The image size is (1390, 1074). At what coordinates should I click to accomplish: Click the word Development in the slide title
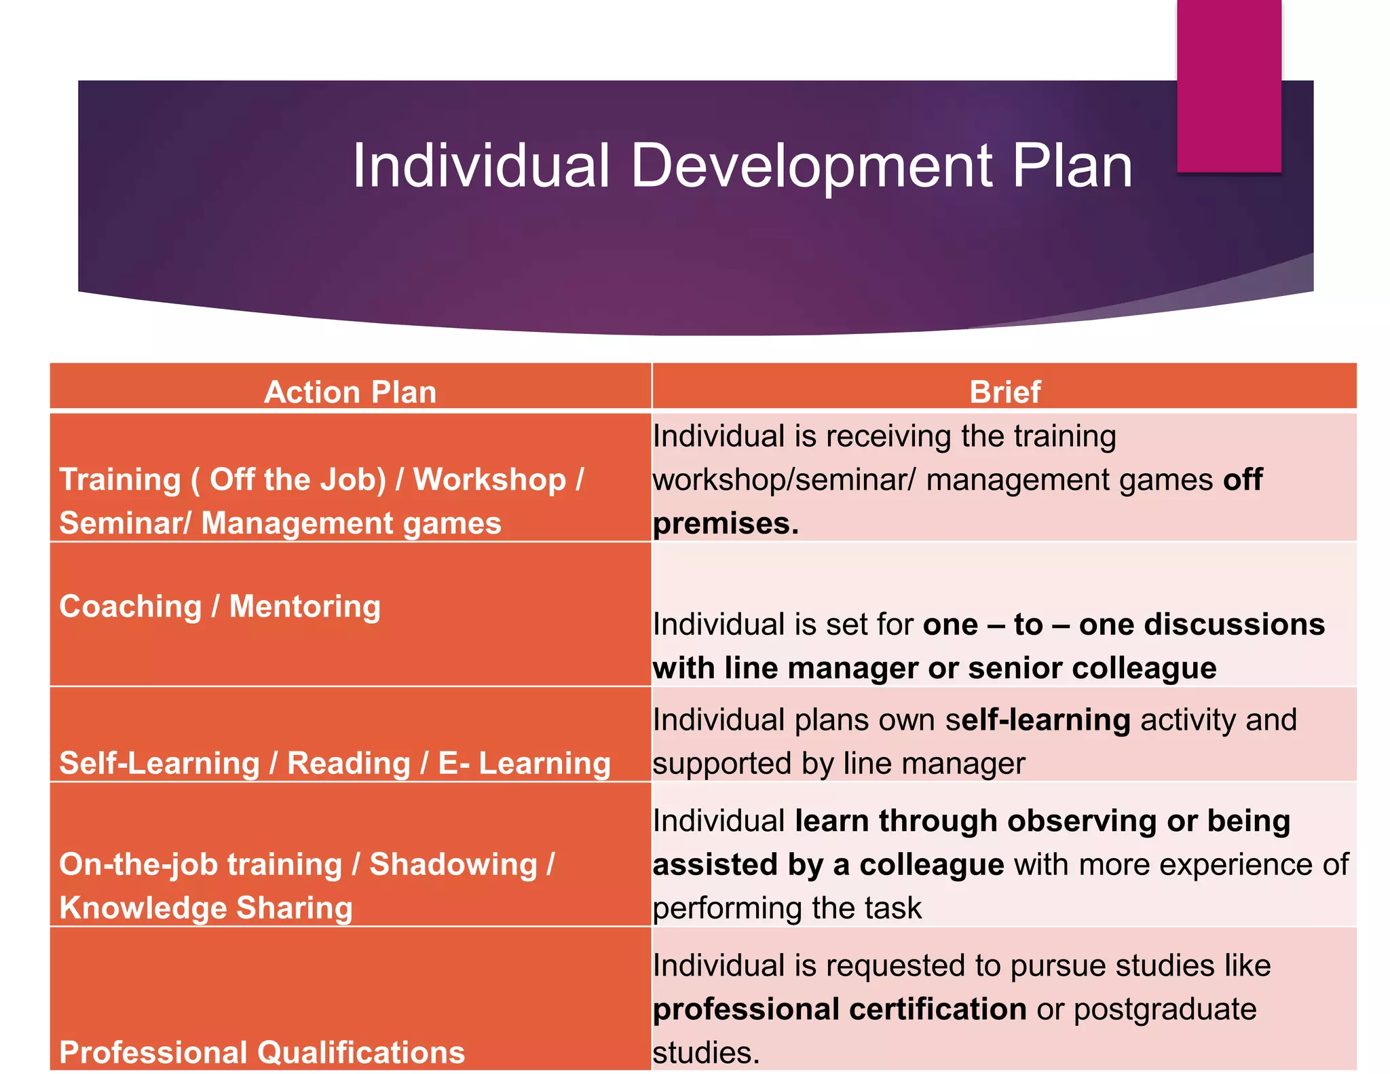pyautogui.click(x=810, y=166)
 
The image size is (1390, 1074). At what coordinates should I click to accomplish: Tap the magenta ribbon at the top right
pyautogui.click(x=1228, y=85)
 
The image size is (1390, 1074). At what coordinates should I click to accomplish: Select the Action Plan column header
pyautogui.click(x=350, y=392)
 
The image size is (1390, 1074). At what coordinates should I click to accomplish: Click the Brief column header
pyautogui.click(x=1004, y=392)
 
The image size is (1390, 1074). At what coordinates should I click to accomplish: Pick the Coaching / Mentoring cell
pyautogui.click(x=220, y=606)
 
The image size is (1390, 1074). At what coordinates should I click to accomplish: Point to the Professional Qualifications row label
pyautogui.click(x=262, y=1052)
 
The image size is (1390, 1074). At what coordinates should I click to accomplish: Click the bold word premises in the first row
pyautogui.click(x=726, y=523)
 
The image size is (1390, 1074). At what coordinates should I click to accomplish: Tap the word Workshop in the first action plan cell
pyautogui.click(x=489, y=479)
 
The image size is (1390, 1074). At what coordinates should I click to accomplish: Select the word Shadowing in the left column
pyautogui.click(x=453, y=864)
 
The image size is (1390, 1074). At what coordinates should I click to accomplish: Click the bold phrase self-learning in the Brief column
pyautogui.click(x=1038, y=720)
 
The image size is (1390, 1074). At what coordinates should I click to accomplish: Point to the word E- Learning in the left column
pyautogui.click(x=524, y=763)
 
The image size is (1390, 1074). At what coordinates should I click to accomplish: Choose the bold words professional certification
pyautogui.click(x=840, y=1009)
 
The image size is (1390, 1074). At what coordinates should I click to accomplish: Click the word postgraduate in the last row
pyautogui.click(x=1165, y=1009)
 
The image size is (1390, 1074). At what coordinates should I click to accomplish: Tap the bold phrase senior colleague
pyautogui.click(x=1092, y=668)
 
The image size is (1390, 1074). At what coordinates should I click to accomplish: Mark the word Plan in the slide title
pyautogui.click(x=1072, y=166)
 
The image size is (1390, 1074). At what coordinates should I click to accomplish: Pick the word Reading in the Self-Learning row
pyautogui.click(x=349, y=763)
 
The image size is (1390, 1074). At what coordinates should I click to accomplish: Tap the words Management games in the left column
pyautogui.click(x=351, y=523)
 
